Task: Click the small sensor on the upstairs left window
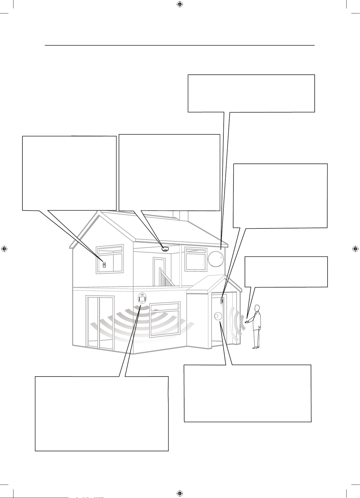pyautogui.click(x=104, y=265)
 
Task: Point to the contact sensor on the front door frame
pyautogui.click(x=222, y=301)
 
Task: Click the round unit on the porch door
pyautogui.click(x=217, y=316)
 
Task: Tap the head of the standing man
pyautogui.click(x=257, y=308)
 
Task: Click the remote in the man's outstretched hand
pyautogui.click(x=246, y=322)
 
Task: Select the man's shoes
pyautogui.click(x=255, y=348)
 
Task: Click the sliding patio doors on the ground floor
pyautogui.click(x=100, y=323)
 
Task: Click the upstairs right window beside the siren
pyautogui.click(x=196, y=259)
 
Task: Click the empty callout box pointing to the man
pyautogui.click(x=286, y=272)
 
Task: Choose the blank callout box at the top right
pyautogui.click(x=251, y=93)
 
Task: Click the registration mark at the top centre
pyautogui.click(x=180, y=4)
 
